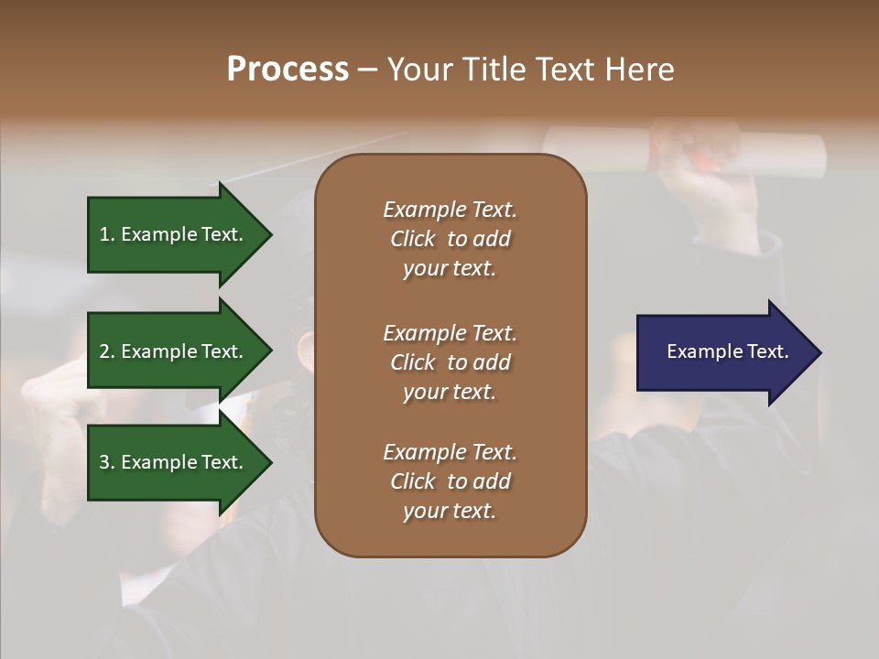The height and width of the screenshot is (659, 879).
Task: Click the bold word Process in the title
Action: tap(288, 70)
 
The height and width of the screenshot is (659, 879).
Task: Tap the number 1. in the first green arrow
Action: tap(107, 235)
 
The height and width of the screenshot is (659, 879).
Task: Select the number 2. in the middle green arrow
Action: tap(107, 351)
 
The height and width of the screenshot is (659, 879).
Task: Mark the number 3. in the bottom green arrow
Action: tap(107, 462)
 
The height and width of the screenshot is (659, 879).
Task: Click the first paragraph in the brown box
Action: tap(450, 239)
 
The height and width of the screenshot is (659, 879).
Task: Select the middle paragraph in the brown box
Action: tap(450, 362)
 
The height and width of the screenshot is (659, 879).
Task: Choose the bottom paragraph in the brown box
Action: tap(450, 481)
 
